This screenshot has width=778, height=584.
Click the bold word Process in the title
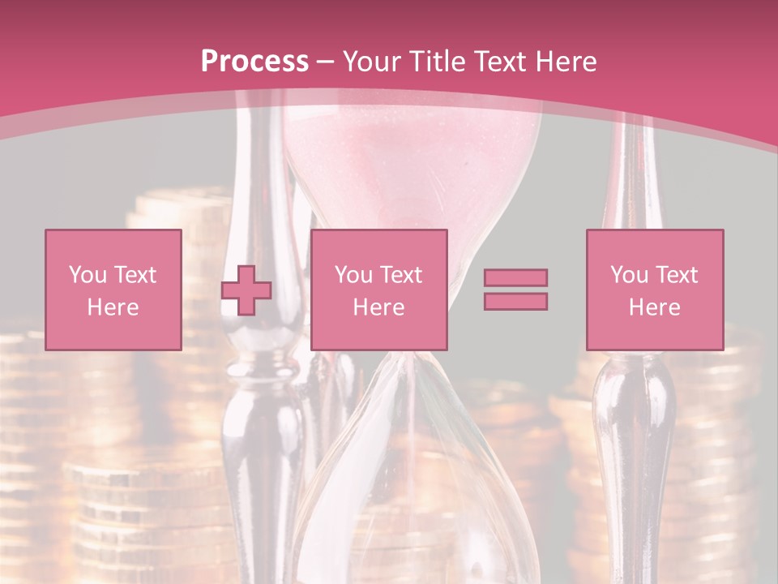click(x=254, y=62)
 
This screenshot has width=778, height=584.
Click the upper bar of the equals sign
click(x=515, y=277)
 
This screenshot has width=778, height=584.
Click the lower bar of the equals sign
click(x=515, y=301)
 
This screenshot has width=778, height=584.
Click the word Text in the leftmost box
click(x=135, y=275)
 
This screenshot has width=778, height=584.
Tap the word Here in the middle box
click(x=378, y=307)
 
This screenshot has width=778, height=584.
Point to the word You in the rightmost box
click(x=629, y=275)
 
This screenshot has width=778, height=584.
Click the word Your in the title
click(x=370, y=62)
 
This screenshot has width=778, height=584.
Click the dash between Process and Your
click(x=326, y=62)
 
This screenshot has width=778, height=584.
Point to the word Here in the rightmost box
click(x=654, y=307)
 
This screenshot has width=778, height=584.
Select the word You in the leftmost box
click(x=88, y=275)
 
